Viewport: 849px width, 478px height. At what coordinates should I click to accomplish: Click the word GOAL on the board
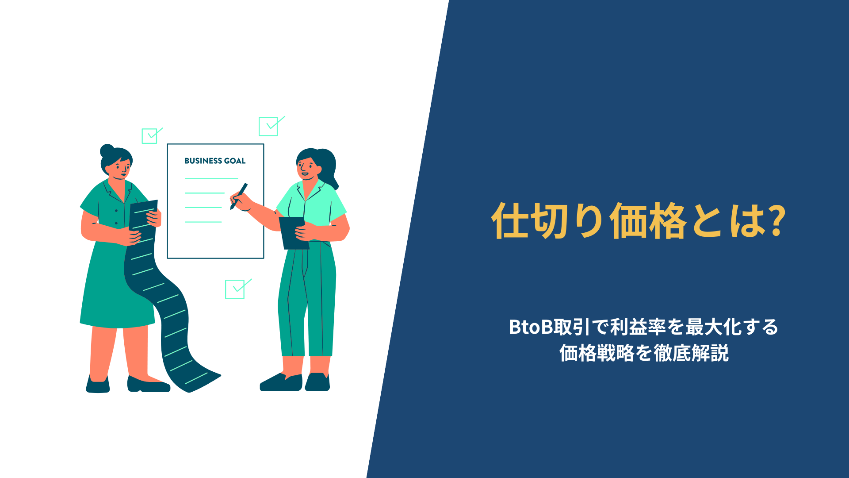point(234,161)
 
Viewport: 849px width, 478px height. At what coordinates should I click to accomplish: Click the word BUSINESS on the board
point(203,161)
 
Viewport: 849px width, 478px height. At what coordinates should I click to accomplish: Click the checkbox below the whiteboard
point(235,289)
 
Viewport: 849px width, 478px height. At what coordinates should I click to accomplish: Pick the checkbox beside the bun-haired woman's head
point(149,136)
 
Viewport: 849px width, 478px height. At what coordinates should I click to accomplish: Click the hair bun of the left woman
point(107,151)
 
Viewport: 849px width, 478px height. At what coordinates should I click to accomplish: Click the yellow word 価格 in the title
point(648,221)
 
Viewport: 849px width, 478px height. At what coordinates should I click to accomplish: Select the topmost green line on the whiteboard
point(211,178)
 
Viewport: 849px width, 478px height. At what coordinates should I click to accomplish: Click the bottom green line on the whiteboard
point(203,222)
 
